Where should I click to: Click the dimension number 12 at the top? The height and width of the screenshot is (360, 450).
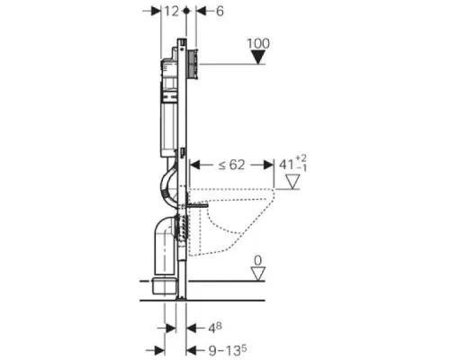pos(171,12)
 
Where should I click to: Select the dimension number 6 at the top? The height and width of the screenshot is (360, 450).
pos(220,12)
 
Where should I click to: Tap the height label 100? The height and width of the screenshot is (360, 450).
pos(258,44)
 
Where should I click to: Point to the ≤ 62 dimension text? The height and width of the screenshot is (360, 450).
pos(231,165)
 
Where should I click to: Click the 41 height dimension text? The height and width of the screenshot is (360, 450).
pos(292,164)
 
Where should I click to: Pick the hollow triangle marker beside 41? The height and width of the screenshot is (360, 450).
pos(292,182)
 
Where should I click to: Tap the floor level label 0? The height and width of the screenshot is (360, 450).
pos(257,261)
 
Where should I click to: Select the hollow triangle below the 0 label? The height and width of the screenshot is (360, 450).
pos(258,274)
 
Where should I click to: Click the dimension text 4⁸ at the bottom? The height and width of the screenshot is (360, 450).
pos(215,328)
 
